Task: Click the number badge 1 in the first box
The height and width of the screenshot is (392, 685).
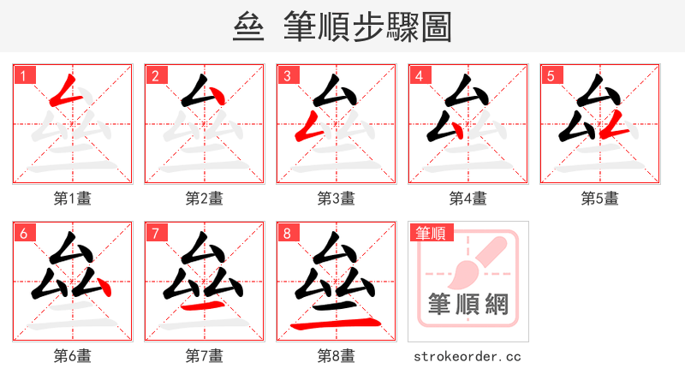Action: coord(23,75)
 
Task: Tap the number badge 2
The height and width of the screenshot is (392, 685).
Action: coord(155,75)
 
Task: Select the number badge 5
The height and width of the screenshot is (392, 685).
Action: coord(551,75)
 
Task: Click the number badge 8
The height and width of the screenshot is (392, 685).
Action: coord(287,233)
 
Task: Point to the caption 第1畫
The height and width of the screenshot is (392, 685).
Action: coord(73,199)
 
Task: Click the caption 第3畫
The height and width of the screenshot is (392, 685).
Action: coord(337,199)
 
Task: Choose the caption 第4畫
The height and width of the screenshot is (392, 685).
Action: coord(468,199)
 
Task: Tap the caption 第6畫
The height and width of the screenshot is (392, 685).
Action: coord(73,356)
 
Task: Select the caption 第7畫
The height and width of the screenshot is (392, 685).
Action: coord(205,356)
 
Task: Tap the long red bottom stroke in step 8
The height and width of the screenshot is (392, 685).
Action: coord(334,324)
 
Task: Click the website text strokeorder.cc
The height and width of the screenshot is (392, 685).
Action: coord(468,356)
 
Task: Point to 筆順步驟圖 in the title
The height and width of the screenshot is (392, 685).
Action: coord(368,27)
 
